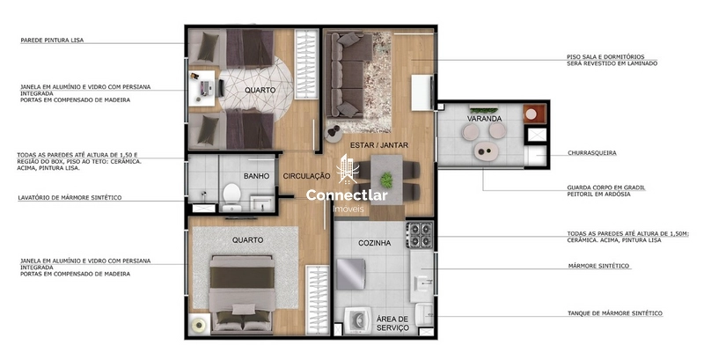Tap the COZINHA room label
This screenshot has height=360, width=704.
pyautogui.click(x=374, y=242)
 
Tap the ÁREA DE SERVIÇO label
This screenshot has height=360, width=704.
pyautogui.click(x=392, y=323)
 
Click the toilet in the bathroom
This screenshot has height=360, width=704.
pyautogui.click(x=231, y=194)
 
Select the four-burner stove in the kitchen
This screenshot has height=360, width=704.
pyautogui.click(x=419, y=234)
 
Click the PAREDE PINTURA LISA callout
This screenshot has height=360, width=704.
pyautogui.click(x=53, y=40)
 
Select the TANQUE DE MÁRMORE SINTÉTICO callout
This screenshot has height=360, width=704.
pyautogui.click(x=613, y=313)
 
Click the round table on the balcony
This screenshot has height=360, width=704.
pyautogui.click(x=483, y=149)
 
